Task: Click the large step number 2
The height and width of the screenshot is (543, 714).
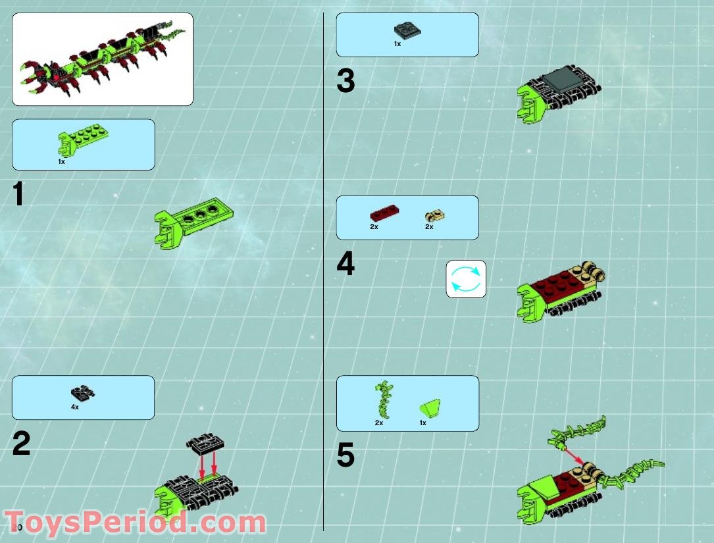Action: click(x=21, y=445)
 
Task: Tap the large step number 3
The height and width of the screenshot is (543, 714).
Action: click(x=345, y=82)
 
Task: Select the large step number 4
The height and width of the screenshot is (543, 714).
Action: click(x=345, y=265)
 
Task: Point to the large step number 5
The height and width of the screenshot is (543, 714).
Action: click(x=345, y=455)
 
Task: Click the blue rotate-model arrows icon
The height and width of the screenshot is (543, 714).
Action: click(x=466, y=279)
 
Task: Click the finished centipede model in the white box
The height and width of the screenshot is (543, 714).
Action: click(x=102, y=59)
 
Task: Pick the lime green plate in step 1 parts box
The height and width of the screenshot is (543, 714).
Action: click(x=84, y=140)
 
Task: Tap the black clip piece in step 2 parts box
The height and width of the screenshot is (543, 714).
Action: click(x=82, y=394)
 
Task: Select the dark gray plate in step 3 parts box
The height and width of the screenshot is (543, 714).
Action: click(x=407, y=30)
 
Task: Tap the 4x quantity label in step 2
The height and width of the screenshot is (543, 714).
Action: click(x=75, y=407)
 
